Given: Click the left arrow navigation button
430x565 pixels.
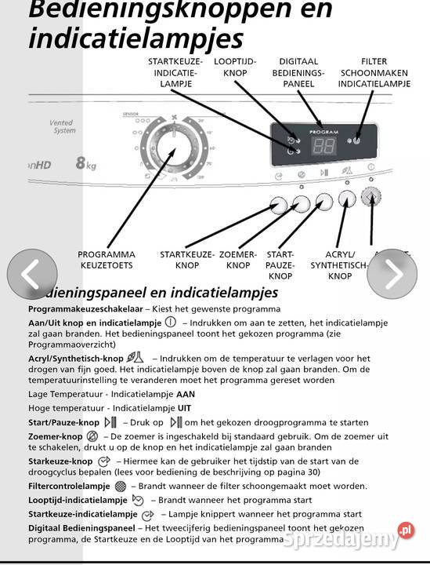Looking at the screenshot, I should coord(32,274).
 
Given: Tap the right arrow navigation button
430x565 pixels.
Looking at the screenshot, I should coord(392,274).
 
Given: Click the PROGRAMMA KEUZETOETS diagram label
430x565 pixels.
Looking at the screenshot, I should coord(107,260).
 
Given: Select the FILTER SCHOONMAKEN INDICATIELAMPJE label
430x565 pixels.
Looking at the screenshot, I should coord(374,72).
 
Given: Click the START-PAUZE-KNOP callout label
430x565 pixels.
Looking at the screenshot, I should coord(280,265).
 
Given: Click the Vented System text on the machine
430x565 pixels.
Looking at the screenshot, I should coord(62,127).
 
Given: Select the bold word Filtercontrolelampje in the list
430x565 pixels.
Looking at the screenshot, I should coord(69,487).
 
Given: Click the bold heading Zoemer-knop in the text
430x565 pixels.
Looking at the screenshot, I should coord(55,436).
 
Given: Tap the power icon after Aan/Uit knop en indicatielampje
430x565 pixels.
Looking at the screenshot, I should coord(171,323).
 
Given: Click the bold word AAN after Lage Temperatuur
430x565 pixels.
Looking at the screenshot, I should coord(186,394).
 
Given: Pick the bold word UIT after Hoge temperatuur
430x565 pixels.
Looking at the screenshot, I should coord(184,408).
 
